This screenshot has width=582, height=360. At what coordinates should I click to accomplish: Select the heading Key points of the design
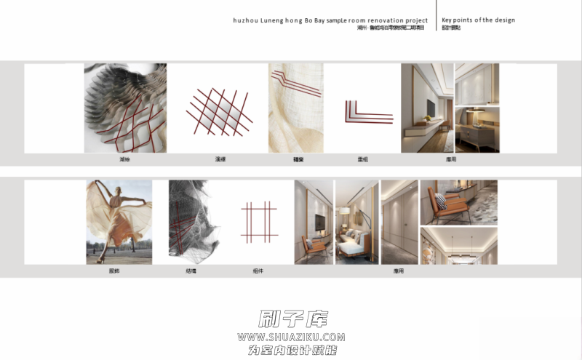coord(478,20)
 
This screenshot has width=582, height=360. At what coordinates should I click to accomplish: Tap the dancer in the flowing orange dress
coord(119,218)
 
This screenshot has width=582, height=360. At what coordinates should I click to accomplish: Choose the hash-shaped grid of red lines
coord(258,222)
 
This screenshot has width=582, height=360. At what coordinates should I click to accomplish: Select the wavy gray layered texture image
coord(125,107)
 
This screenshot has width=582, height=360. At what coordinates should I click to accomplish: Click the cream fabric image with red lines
coord(295,107)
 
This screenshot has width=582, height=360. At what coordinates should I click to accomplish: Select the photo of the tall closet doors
coord(399,222)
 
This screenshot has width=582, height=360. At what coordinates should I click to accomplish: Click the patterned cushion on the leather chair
coord(442,201)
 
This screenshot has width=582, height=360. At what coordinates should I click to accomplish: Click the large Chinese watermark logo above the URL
coord(293,319)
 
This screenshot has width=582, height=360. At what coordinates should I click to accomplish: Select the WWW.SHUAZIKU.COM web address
coord(291,337)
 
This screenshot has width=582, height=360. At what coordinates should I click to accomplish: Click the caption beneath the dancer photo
coord(114,271)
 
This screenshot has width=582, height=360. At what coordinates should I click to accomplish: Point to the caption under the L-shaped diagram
coord(362,158)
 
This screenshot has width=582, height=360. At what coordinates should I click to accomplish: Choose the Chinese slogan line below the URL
coord(291,350)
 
